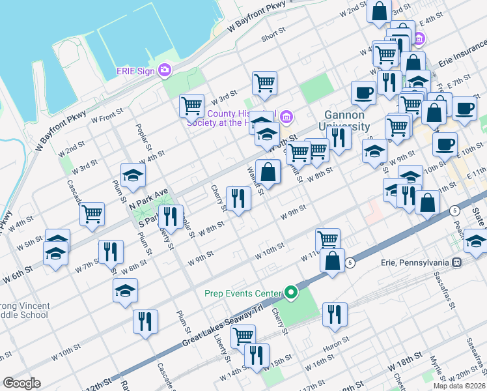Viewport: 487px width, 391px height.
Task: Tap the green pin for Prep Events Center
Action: pos(292,293)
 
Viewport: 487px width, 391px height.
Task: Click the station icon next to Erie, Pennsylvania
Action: pos(457,262)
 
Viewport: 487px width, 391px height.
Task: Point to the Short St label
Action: pos(273,36)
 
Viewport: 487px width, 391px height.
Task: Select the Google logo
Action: pos(21,383)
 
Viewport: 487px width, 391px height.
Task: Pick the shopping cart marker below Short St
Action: pos(264,83)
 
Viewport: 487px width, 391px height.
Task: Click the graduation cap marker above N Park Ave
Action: pos(133,175)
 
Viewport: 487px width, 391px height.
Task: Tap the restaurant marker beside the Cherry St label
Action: pos(238,197)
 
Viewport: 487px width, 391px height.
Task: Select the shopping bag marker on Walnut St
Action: pos(268,172)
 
